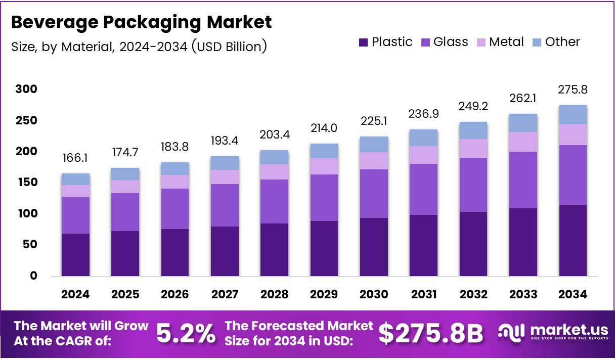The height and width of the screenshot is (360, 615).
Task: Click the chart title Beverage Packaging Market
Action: pos(142,22)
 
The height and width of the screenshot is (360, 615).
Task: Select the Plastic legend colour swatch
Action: pos(363,42)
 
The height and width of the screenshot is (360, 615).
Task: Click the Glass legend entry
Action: pos(445,42)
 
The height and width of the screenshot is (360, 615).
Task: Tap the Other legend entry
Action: pos(556,42)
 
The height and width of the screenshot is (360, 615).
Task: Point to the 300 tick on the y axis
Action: pos(26,89)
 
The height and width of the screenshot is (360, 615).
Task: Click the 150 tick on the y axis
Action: pos(26,183)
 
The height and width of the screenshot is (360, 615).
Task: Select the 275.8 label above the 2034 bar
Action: pos(573,90)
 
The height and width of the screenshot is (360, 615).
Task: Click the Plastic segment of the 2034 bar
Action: pos(573,240)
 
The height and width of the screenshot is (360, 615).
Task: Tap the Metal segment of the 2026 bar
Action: pos(175,182)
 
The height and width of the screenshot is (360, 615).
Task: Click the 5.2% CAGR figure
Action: pos(186,333)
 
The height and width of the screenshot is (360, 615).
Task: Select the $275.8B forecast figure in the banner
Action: pos(430,333)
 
